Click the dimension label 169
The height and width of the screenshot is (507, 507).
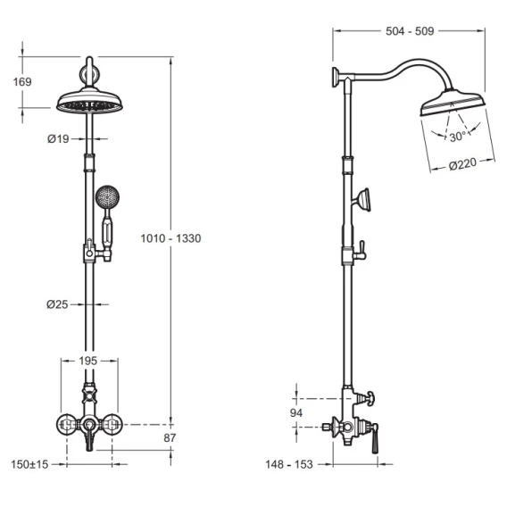[x=22, y=82]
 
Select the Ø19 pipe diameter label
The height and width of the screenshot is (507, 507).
[x=58, y=138]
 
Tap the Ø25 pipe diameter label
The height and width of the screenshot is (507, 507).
[x=57, y=304]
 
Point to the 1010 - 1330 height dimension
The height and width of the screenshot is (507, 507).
[x=170, y=238]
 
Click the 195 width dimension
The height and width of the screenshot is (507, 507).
[x=88, y=361]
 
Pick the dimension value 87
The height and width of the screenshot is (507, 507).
[x=170, y=437]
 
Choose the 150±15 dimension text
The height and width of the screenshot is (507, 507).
[x=29, y=465]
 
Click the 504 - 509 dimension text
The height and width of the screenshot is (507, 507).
[x=410, y=31]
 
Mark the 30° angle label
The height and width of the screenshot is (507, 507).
[x=458, y=137]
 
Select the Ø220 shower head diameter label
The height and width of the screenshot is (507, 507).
[x=462, y=164]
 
